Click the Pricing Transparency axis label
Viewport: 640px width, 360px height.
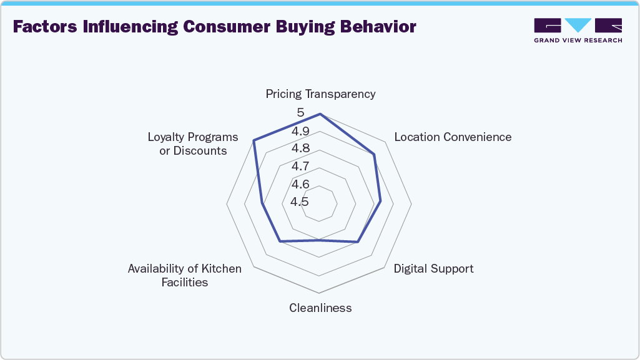[x=320, y=94]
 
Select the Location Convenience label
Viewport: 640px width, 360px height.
[x=453, y=137]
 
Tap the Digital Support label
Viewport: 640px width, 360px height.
[x=433, y=269]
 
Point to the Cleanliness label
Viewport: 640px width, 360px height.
[x=320, y=308]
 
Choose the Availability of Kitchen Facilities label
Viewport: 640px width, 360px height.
[x=184, y=275]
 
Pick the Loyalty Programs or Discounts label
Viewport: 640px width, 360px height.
[x=193, y=144]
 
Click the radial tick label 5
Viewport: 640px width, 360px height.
[x=300, y=113]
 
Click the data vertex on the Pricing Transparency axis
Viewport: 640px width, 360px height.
[x=320, y=114]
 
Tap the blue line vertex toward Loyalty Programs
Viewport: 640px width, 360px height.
[x=254, y=140]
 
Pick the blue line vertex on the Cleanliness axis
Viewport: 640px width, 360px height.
[x=320, y=240]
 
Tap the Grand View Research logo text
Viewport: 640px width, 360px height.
[x=578, y=41]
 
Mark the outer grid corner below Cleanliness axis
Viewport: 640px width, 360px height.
[x=320, y=293]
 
